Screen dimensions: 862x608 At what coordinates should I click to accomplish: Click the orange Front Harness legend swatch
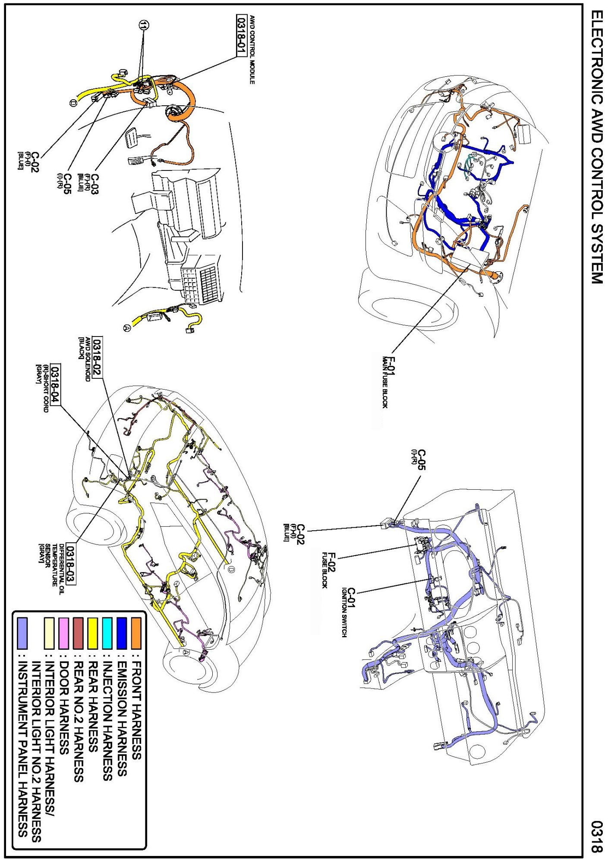pos(136,633)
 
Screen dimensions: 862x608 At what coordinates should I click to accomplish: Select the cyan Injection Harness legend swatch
pos(107,633)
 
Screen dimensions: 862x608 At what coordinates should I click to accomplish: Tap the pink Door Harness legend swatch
pos(64,633)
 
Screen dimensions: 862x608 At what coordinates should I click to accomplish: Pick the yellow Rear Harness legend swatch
pos(93,633)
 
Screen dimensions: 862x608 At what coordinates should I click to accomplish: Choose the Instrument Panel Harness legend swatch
pos(22,633)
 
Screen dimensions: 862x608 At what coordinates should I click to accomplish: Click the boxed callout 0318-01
pos(241,35)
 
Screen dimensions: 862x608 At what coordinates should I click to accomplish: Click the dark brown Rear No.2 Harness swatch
pos(78,633)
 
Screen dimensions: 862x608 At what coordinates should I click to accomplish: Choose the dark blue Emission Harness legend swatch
pos(122,633)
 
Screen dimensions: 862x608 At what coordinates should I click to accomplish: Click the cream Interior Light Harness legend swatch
pos(49,633)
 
